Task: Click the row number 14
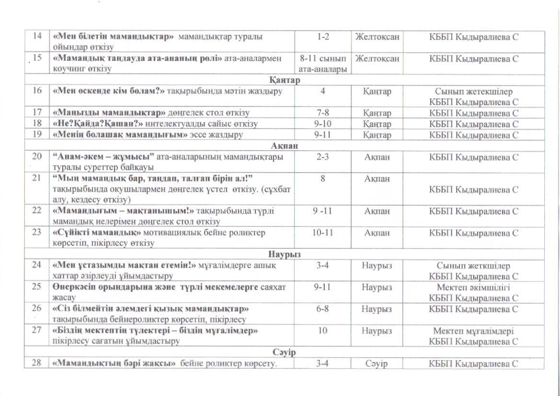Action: click(x=37, y=36)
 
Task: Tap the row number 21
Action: click(x=37, y=178)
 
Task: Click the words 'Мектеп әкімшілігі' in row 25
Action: click(x=473, y=287)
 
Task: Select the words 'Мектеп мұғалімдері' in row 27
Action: click(x=473, y=331)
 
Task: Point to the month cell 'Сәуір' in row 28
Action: click(x=377, y=363)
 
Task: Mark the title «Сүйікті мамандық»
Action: click(x=96, y=233)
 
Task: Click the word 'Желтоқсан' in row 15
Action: click(x=377, y=58)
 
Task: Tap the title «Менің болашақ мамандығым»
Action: click(x=119, y=135)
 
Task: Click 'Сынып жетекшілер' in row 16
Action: click(x=473, y=91)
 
